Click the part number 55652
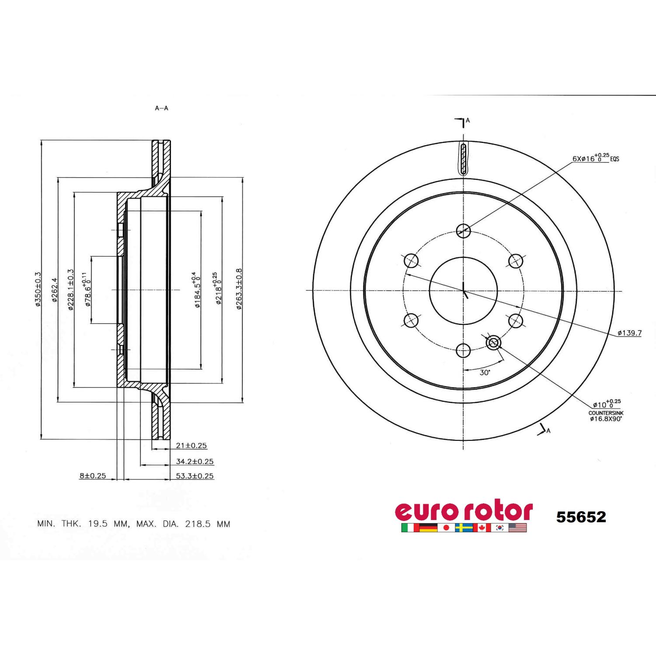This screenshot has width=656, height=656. coord(581,517)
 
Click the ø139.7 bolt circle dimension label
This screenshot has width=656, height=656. coord(629,333)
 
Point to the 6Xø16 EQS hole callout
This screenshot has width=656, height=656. coord(596,158)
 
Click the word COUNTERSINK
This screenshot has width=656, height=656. coord(605,413)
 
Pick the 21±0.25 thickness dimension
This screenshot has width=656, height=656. coord(191,446)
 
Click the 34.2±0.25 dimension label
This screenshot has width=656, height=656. coord(195,461)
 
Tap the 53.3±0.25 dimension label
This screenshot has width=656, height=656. coord(195,476)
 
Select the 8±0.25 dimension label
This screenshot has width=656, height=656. coord(93,476)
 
